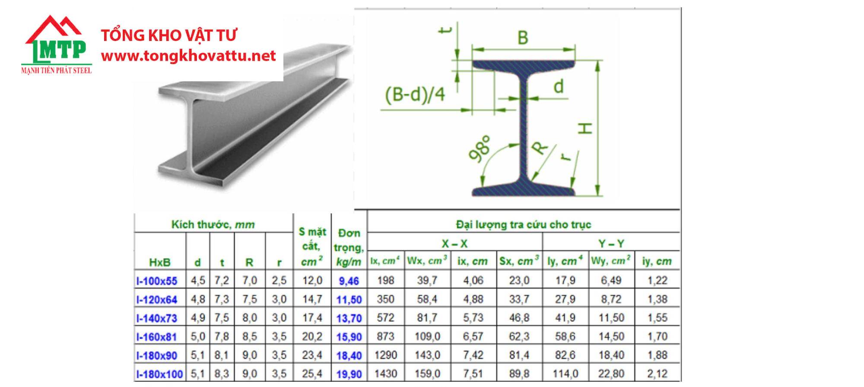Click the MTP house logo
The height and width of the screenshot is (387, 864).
pyautogui.click(x=56, y=44)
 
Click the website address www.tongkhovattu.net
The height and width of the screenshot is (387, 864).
pyautogui.click(x=188, y=56)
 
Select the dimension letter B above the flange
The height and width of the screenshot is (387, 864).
pyautogui.click(x=523, y=38)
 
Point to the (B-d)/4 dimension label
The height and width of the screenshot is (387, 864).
pyautogui.click(x=415, y=94)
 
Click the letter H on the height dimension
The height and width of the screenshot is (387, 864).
pyautogui.click(x=585, y=128)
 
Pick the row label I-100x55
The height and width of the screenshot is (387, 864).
pyautogui.click(x=157, y=281)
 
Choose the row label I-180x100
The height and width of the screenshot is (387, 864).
pyautogui.click(x=159, y=374)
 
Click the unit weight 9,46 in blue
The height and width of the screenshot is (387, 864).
pyautogui.click(x=349, y=281)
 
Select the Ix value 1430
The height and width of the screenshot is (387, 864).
pyautogui.click(x=386, y=374)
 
